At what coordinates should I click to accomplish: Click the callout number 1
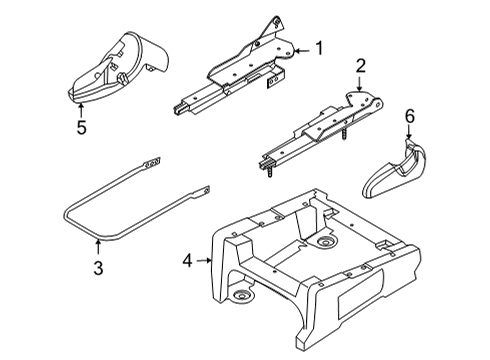pyautogui.click(x=320, y=47)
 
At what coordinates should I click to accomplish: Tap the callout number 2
pyautogui.click(x=360, y=66)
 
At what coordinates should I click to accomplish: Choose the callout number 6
pyautogui.click(x=408, y=119)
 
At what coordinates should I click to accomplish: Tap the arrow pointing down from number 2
pyautogui.click(x=360, y=85)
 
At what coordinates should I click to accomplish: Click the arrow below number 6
pyautogui.click(x=408, y=137)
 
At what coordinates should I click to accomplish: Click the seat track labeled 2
pyautogui.click(x=320, y=125)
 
